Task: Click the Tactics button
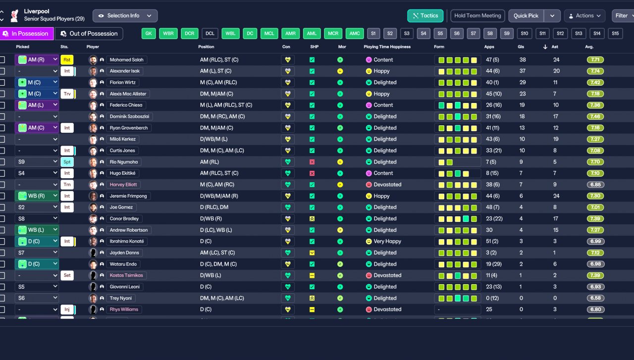tap(425, 16)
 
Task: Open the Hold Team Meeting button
tap(477, 16)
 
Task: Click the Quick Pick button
tap(526, 16)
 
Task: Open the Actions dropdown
tap(584, 16)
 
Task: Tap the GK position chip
tap(148, 34)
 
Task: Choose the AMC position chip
tap(355, 34)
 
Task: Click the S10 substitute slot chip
tap(525, 34)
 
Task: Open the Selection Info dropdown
tap(125, 16)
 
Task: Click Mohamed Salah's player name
tap(126, 60)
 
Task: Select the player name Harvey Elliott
tap(124, 185)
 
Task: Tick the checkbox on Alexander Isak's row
tap(2, 71)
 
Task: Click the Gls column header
tap(522, 47)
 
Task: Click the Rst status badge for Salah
tap(66, 60)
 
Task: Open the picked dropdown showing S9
tap(37, 162)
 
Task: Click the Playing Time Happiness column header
tap(387, 47)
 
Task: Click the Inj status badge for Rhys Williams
tap(66, 309)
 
